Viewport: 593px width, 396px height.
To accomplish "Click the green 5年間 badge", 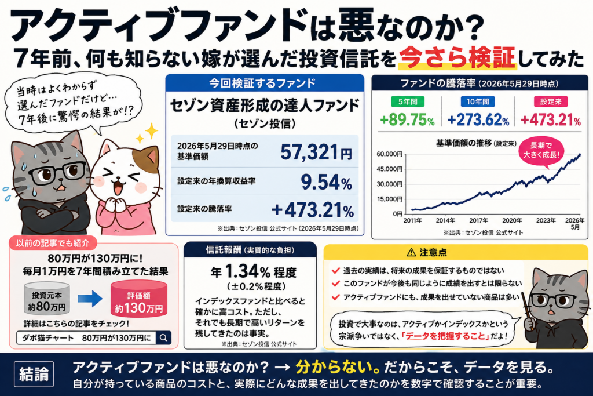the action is (407, 101).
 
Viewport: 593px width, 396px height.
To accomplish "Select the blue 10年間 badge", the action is (478, 101).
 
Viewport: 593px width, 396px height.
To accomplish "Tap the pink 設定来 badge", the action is (551, 101).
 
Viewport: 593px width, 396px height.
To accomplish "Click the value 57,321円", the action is (316, 152).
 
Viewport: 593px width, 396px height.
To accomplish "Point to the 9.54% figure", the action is (327, 181).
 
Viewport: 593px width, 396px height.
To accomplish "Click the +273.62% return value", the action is (478, 120).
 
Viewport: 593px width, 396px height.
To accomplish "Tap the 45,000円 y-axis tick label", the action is (389, 169).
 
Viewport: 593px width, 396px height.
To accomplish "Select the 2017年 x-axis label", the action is (478, 220).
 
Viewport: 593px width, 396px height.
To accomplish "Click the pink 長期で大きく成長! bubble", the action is (541, 150).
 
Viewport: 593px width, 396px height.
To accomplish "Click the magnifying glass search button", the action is (163, 337).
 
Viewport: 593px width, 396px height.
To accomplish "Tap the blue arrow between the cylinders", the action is (90, 299).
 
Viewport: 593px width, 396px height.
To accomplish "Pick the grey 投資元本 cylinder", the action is (47, 299).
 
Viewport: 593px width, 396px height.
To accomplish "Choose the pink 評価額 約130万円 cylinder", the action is (139, 299).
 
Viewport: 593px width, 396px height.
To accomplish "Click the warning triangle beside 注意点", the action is (411, 252).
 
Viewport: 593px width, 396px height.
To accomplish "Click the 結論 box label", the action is (34, 374).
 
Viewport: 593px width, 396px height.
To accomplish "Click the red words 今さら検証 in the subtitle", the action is (457, 58).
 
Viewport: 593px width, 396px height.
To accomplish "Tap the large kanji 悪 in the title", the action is (356, 24).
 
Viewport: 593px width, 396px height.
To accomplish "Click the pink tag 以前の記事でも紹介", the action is (53, 243).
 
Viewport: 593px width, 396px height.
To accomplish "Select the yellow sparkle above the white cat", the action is (151, 131).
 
